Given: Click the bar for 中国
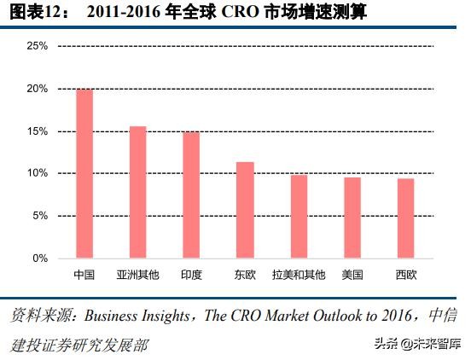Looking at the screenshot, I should pos(84,173).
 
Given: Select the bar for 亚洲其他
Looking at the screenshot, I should pos(137,192).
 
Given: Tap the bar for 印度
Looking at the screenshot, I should pos(191,195).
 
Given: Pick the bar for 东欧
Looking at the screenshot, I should pos(245,210).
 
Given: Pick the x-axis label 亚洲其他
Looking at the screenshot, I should pos(137,275).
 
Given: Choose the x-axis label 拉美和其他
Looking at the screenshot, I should pos(299,275).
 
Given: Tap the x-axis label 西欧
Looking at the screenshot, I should pos(406,275).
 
